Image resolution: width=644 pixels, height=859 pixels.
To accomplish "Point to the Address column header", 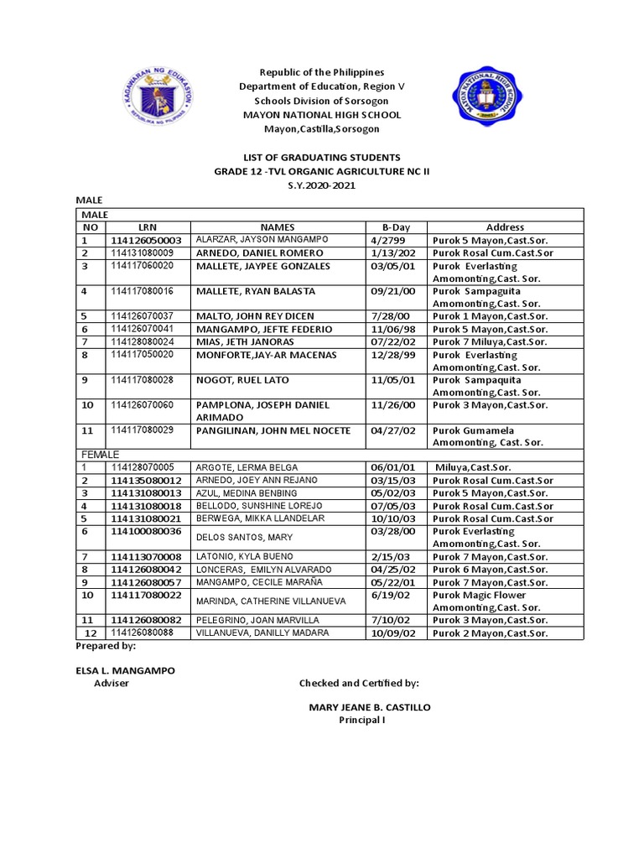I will point(505,227).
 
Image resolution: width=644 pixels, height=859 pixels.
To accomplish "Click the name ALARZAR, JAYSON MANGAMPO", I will point(252,240).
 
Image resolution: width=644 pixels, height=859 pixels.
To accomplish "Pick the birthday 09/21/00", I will point(392,291).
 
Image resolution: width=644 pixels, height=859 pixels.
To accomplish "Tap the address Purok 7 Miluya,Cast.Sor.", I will point(490,342).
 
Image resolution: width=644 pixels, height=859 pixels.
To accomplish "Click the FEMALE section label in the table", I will point(100,454).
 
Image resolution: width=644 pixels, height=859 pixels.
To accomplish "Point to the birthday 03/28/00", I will point(392,532).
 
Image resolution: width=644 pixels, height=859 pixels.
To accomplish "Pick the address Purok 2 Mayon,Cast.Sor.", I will point(490,633).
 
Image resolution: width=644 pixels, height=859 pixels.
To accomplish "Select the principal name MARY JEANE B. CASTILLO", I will point(370,707).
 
